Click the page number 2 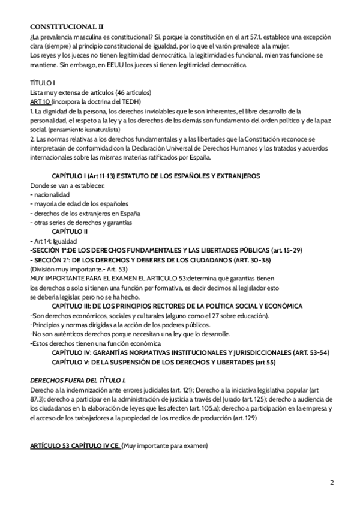pos(332,482)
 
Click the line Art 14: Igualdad pos(56,241)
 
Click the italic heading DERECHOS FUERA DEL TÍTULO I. pos(78,380)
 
